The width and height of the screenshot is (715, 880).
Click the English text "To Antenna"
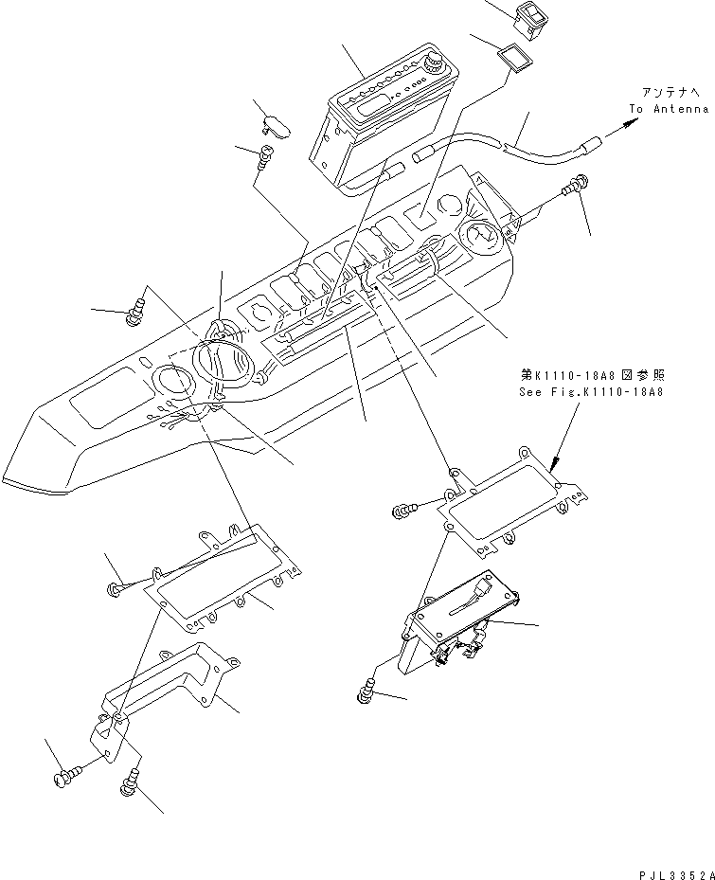(668, 109)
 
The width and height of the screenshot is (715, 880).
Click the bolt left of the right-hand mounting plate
(402, 512)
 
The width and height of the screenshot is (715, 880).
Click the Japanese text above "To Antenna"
(673, 92)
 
